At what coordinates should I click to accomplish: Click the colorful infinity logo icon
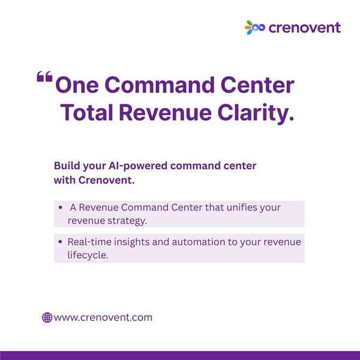[x=255, y=28]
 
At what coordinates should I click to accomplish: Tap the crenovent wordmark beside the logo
[x=304, y=28]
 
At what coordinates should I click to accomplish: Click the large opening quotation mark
[x=44, y=76]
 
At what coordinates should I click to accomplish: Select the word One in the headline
[x=77, y=85]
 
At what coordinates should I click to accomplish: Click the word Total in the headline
[x=86, y=112]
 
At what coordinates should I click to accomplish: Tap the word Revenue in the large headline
[x=165, y=112]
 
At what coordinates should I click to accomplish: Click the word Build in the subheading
[x=67, y=166]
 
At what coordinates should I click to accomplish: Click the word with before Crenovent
[x=65, y=180]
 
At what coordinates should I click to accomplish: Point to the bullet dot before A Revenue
[x=61, y=208]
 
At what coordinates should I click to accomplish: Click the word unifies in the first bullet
[x=242, y=207]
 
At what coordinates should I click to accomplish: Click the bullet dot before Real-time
[x=61, y=242]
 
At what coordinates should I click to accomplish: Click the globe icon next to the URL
[x=47, y=317]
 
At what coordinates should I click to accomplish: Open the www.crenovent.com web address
[x=103, y=317]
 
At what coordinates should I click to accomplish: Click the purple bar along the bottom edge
[x=180, y=356]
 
